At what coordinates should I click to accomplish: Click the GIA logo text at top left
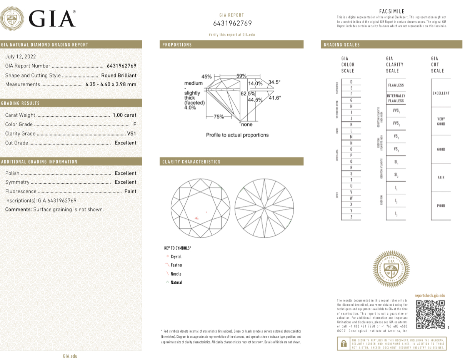pyautogui.click(x=52, y=19)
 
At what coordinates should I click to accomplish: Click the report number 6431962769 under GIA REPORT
pyautogui.click(x=232, y=23)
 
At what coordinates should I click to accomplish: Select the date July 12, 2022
pyautogui.click(x=20, y=56)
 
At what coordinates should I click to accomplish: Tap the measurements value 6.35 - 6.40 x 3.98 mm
pyautogui.click(x=110, y=84)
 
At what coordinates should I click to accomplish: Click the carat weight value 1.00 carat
pyautogui.click(x=124, y=115)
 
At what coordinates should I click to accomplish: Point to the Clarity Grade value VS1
pyautogui.click(x=132, y=134)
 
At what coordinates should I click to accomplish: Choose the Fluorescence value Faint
pyautogui.click(x=130, y=191)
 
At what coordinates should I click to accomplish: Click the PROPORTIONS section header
pyautogui.click(x=177, y=45)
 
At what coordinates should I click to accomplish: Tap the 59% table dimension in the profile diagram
pyautogui.click(x=241, y=76)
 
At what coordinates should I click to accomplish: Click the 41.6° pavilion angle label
pyautogui.click(x=275, y=98)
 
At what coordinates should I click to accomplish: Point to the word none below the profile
pyautogui.click(x=247, y=125)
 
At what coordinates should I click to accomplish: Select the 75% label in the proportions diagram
pyautogui.click(x=219, y=117)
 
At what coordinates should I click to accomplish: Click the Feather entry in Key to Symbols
pyautogui.click(x=177, y=265)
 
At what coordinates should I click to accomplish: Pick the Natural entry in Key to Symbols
pyautogui.click(x=176, y=283)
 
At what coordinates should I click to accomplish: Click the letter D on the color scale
pyautogui.click(x=351, y=82)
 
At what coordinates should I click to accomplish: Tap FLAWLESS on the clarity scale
pyautogui.click(x=396, y=85)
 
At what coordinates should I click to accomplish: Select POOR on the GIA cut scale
pyautogui.click(x=441, y=206)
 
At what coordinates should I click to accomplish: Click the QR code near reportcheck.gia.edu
pyautogui.click(x=430, y=314)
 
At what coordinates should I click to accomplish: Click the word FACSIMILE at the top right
pyautogui.click(x=392, y=12)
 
